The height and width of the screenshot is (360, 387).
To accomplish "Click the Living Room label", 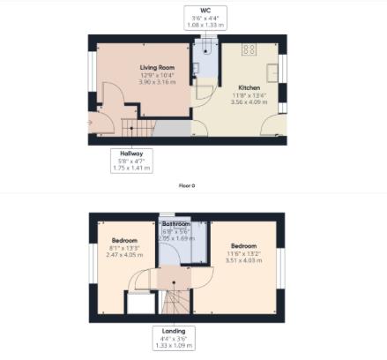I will click(158, 66).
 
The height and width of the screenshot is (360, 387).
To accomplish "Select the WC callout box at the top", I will click(205, 17).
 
